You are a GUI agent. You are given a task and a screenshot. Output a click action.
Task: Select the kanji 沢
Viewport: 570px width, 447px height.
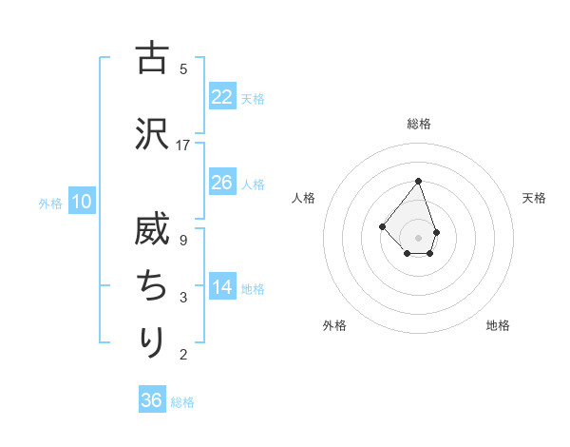click(152, 132)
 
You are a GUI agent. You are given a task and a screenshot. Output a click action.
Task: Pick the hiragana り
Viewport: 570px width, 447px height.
click(152, 340)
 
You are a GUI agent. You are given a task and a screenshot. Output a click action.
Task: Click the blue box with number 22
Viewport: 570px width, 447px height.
click(221, 97)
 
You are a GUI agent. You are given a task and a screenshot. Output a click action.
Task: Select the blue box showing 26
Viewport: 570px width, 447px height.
click(221, 183)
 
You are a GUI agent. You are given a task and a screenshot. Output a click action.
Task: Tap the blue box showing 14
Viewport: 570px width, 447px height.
click(221, 287)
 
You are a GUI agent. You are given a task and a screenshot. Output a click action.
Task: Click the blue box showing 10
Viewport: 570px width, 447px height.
click(81, 201)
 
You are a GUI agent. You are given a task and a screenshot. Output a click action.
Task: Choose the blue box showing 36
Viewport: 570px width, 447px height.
click(151, 400)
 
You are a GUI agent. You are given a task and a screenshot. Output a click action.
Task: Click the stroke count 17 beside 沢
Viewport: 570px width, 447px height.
click(183, 146)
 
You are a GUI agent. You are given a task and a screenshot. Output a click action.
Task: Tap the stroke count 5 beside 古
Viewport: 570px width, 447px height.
click(183, 68)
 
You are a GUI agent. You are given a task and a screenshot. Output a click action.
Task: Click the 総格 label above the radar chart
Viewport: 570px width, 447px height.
click(418, 124)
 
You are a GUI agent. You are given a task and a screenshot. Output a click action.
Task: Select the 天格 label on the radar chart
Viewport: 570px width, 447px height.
click(535, 198)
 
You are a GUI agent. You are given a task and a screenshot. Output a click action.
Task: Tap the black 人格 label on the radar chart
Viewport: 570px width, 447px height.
click(304, 198)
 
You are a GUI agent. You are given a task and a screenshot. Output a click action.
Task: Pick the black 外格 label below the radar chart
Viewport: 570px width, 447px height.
click(334, 325)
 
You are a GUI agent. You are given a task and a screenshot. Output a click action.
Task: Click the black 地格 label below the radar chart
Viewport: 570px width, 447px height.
click(498, 325)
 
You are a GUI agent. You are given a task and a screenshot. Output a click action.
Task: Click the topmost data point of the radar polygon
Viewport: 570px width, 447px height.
click(418, 181)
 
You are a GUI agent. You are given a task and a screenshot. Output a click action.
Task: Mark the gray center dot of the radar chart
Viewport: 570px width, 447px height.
click(418, 237)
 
